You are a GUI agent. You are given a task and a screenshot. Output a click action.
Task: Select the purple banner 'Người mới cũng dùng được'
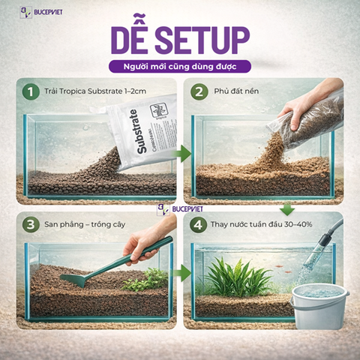click(x=179, y=66)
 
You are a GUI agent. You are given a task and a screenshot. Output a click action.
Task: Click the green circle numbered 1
click(x=29, y=92)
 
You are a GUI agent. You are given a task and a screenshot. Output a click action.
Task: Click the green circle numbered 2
click(x=198, y=92)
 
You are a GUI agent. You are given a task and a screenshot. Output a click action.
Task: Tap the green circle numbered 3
click(x=29, y=225)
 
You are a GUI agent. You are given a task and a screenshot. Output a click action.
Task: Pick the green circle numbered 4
click(x=198, y=225)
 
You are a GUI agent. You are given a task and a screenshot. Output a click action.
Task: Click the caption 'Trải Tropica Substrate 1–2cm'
click(x=94, y=92)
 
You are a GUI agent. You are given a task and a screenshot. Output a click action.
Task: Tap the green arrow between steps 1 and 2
click(x=180, y=154)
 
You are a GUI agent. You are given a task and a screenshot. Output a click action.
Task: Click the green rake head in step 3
click(x=76, y=279)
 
